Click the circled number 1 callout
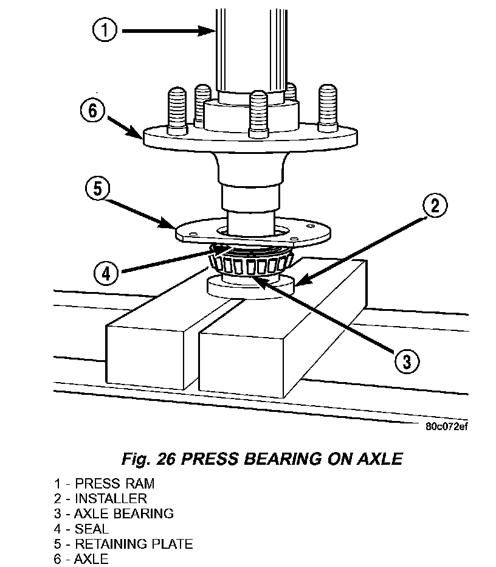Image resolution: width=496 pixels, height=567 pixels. pos(105,30)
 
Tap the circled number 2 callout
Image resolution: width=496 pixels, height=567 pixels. pos(435,206)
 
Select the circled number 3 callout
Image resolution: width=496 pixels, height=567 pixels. pos(407,361)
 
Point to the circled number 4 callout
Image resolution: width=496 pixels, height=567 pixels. pos(106,273)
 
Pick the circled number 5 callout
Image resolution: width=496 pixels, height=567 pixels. pos(97,189)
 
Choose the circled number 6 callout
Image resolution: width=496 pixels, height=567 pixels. pos(92,110)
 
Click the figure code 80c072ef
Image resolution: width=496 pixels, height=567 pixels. pos(447,426)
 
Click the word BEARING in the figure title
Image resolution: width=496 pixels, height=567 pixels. pos(283,459)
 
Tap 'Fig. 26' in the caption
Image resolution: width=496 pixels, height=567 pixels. pos(149,459)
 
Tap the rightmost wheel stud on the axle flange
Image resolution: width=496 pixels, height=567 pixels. pos(328,108)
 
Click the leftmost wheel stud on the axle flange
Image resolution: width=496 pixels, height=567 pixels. pos(177,111)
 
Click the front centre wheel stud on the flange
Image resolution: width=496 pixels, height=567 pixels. pos(258,114)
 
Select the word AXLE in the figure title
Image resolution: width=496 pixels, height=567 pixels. pos(380,459)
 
